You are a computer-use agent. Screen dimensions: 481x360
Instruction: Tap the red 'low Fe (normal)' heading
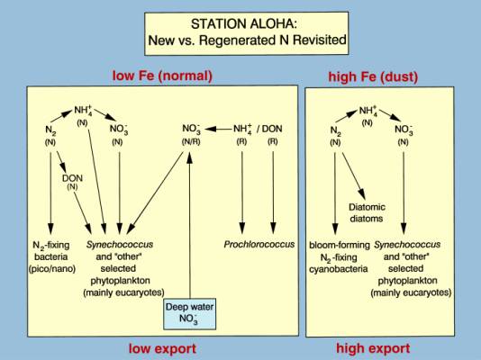[x=162, y=76]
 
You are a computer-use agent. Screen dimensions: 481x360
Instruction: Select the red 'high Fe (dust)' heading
[x=373, y=76]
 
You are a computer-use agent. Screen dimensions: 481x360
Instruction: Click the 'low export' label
[x=162, y=348]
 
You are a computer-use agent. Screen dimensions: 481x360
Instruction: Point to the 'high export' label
[x=373, y=348]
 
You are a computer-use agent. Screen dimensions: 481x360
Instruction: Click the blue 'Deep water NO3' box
[x=189, y=314]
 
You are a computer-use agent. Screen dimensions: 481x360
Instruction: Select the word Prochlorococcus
[x=259, y=244]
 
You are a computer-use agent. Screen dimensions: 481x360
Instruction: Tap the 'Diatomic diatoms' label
[x=367, y=212]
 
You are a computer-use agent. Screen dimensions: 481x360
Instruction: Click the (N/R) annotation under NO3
[x=191, y=142]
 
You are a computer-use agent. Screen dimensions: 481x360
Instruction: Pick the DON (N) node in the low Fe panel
[x=72, y=182]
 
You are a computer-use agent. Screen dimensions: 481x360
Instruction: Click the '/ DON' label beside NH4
[x=269, y=129]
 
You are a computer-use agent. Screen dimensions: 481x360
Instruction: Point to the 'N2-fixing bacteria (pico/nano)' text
[x=52, y=256]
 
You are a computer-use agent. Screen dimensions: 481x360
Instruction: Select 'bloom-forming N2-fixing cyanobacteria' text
[x=339, y=256]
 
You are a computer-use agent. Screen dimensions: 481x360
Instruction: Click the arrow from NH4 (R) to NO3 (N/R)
[x=219, y=129]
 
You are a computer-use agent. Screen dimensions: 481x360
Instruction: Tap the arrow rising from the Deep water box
[x=190, y=225]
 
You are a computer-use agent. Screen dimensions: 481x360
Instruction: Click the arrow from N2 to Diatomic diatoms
[x=354, y=175]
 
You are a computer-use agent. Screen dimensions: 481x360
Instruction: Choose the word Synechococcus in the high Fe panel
[x=407, y=245]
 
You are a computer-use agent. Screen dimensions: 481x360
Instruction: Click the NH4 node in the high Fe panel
[x=368, y=111]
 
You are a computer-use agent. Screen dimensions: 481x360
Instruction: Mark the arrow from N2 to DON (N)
[x=61, y=161]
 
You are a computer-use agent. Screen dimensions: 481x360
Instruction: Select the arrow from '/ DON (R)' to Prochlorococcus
[x=273, y=193]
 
